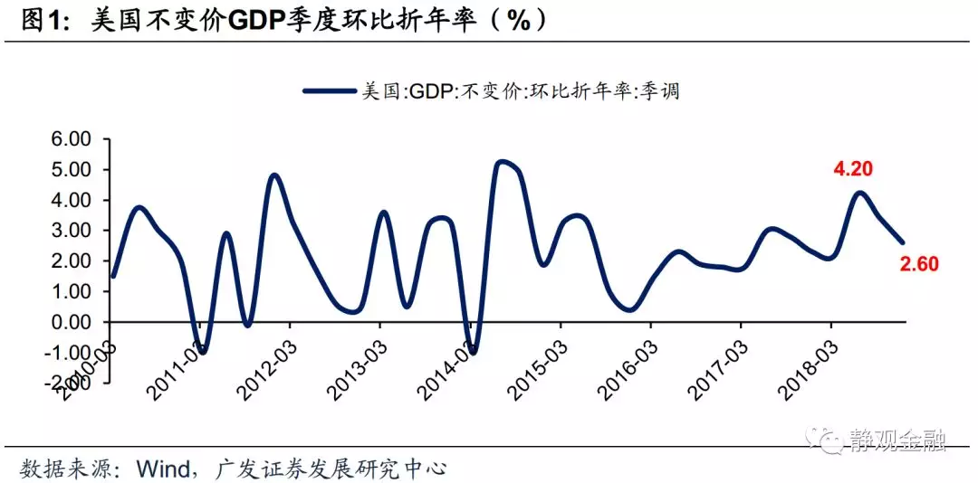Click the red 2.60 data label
click(919, 265)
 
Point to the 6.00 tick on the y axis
click(72, 139)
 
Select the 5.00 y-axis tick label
click(72, 170)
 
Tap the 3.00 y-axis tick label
click(72, 231)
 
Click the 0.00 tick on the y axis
click(72, 322)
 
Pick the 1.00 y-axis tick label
click(72, 291)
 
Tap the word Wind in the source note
click(161, 469)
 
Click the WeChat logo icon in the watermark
click(827, 440)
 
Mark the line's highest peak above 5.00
click(501, 162)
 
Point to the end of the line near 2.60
click(902, 241)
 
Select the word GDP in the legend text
click(433, 91)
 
